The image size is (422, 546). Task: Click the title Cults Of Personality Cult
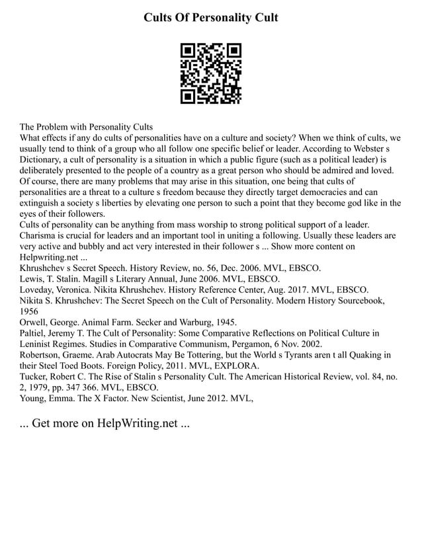coord(211,17)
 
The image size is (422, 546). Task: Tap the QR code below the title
coord(211,73)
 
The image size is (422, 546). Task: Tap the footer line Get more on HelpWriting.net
coord(105,424)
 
